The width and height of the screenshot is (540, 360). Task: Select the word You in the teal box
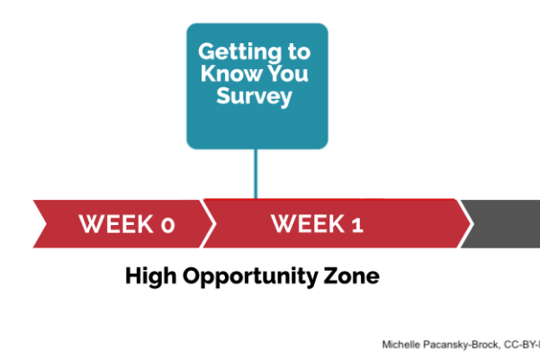(x=288, y=73)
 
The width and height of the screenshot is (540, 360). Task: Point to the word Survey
(x=254, y=96)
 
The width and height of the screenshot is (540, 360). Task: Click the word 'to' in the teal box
(x=300, y=52)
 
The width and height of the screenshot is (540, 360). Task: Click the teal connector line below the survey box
(x=256, y=174)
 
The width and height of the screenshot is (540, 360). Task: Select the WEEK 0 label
(x=127, y=224)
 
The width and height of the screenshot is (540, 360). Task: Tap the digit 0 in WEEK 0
(x=168, y=225)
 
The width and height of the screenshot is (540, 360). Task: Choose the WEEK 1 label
(x=317, y=223)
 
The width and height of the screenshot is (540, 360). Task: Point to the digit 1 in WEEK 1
(x=357, y=225)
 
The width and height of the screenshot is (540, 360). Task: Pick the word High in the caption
(x=151, y=276)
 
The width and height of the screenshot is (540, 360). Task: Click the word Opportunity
(x=249, y=277)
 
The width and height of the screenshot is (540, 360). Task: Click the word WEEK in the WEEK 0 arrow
(x=116, y=224)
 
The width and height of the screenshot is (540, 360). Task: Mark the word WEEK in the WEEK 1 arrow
(x=308, y=223)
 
